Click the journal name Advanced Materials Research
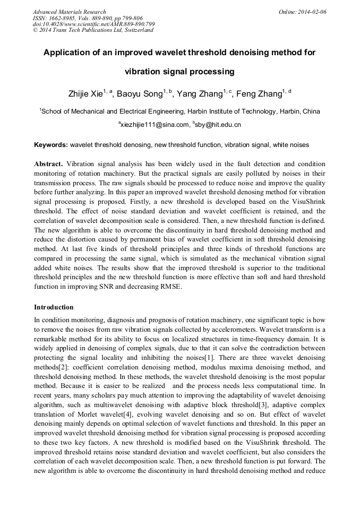coord(69,12)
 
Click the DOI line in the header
coord(93,24)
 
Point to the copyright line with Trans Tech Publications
coord(93,30)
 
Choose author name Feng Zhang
coord(259,94)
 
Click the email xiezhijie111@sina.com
coord(155,125)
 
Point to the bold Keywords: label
coord(51,144)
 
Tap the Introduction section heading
coord(54,307)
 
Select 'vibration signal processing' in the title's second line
coord(179,71)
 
